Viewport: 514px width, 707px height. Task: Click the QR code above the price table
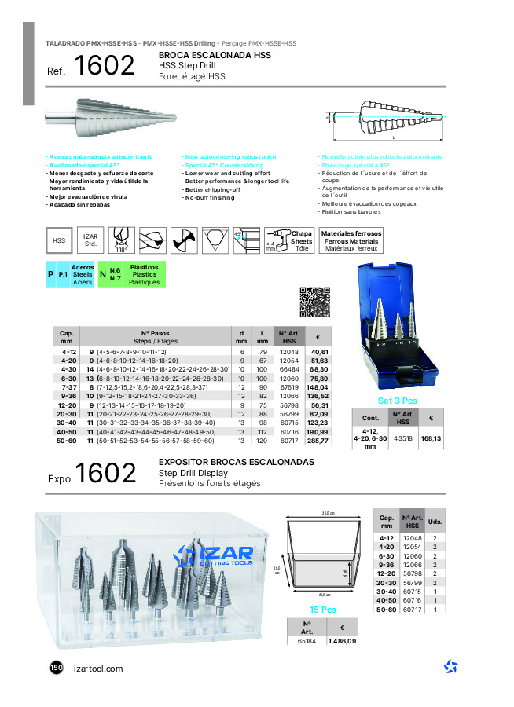tap(313, 302)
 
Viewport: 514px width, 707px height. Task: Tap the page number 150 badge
tap(56, 668)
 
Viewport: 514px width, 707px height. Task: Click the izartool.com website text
tap(97, 669)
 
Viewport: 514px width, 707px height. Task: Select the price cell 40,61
tap(318, 352)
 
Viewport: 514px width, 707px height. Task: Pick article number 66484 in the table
tap(288, 369)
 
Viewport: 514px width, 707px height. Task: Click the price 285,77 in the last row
tap(318, 441)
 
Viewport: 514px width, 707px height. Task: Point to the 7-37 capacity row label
tap(68, 387)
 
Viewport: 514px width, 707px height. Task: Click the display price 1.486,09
tap(342, 642)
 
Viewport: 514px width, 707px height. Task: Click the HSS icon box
tap(59, 240)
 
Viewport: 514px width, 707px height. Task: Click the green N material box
tap(104, 274)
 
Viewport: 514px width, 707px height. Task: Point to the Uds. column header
tap(435, 522)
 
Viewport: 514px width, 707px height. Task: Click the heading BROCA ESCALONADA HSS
tap(215, 57)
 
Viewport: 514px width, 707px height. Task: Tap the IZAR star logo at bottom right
tap(450, 667)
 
